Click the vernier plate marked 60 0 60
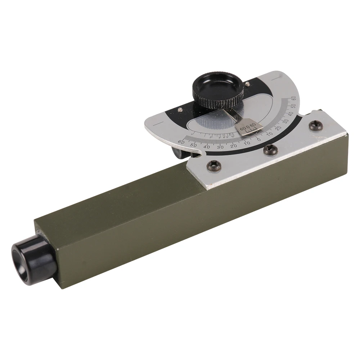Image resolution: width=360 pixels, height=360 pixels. [x=248, y=128]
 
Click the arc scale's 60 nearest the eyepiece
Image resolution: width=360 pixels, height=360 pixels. [x=181, y=141]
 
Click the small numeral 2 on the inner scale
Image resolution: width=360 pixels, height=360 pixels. [x=211, y=137]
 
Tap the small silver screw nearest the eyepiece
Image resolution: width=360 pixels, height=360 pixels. [x=180, y=109]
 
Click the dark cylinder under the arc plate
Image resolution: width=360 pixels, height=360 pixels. [x=179, y=152]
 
